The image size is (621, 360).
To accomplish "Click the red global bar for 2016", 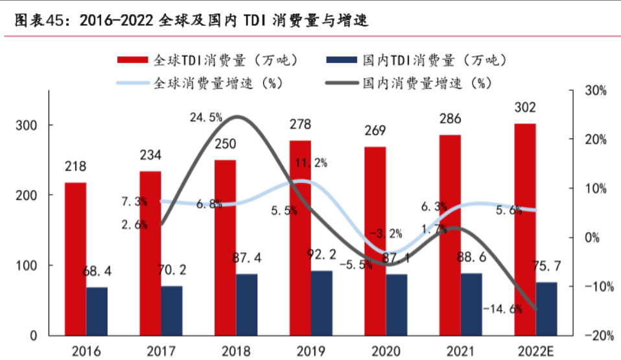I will (x=75, y=259).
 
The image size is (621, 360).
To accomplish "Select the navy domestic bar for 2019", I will (x=322, y=303).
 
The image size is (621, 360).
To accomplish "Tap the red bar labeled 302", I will (x=525, y=230).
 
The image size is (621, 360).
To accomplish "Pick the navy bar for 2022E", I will (x=546, y=309).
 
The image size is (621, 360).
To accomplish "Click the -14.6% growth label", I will (x=503, y=309).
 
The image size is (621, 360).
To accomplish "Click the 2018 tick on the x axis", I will (x=236, y=352).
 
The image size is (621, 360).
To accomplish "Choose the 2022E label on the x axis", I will (x=535, y=352).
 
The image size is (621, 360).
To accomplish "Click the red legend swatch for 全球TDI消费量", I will (x=134, y=60).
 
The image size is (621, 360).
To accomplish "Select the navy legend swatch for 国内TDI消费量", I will (x=339, y=60).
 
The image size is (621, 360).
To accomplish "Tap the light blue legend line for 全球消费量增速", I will (x=134, y=82).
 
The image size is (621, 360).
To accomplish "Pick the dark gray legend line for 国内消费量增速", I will (x=339, y=82).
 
